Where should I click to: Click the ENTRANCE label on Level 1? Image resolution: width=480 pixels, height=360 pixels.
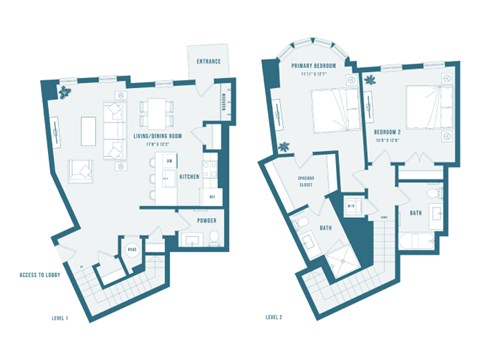(209, 62)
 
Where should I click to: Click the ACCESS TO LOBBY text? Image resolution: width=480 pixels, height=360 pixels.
(43, 274)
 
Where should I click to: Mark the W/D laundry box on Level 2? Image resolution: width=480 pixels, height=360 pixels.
(351, 208)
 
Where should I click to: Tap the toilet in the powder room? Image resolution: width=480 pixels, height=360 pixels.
(215, 235)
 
